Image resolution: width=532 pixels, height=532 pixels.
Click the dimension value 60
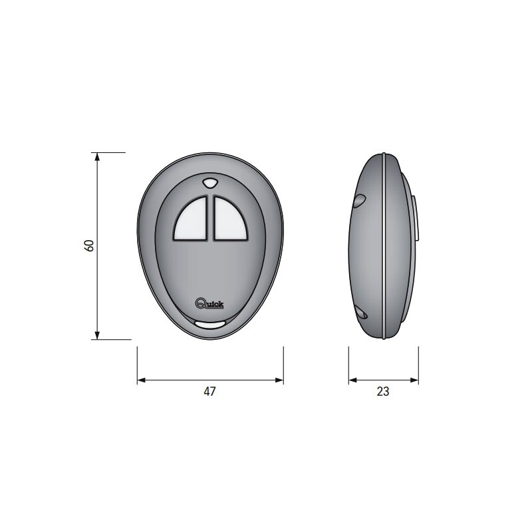click(x=89, y=245)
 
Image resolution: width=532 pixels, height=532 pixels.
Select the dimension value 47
click(x=209, y=392)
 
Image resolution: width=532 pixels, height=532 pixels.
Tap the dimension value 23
click(x=383, y=392)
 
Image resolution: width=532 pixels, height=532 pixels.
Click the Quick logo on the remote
click(x=209, y=303)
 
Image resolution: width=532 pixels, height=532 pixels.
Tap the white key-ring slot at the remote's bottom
click(x=210, y=325)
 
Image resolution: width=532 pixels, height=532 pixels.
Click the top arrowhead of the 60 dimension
click(x=97, y=156)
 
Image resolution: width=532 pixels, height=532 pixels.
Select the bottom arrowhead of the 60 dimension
click(x=97, y=335)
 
